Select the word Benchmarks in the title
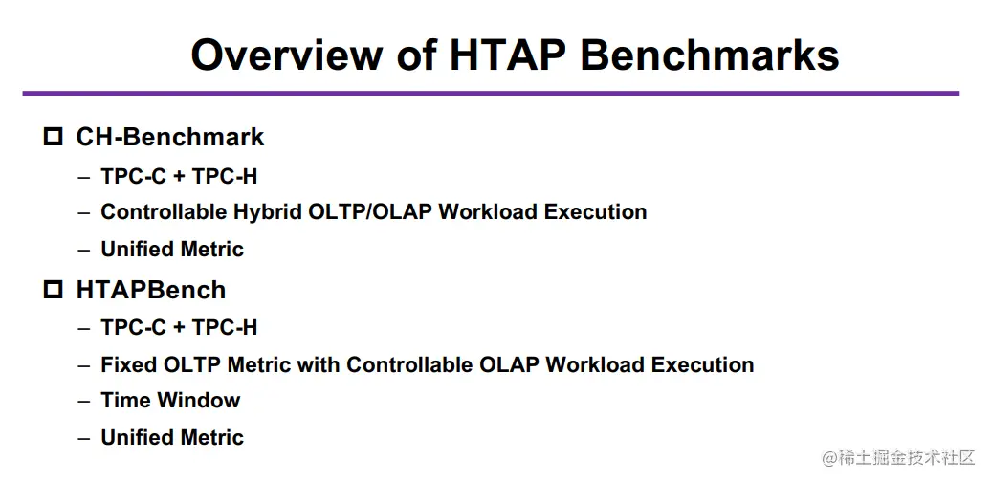(710, 55)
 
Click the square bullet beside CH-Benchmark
(54, 137)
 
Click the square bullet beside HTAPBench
(54, 290)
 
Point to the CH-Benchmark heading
(170, 137)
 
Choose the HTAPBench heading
(151, 290)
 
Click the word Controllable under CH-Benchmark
(161, 211)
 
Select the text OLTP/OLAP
(370, 211)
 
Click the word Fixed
(129, 364)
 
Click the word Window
(199, 400)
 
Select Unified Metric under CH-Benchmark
(172, 249)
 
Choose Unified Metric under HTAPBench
(172, 437)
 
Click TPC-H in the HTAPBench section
(225, 327)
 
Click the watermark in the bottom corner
(899, 458)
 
